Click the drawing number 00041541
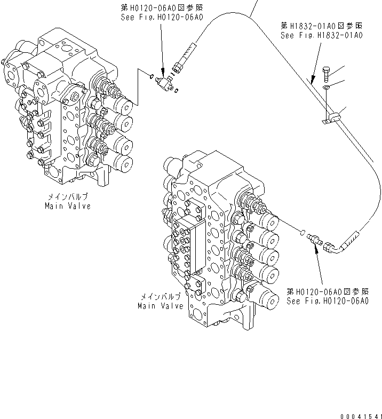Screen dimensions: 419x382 361,416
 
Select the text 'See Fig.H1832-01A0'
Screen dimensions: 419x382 321,36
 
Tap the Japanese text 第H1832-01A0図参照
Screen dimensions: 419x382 321,26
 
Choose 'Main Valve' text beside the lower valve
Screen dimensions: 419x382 160,306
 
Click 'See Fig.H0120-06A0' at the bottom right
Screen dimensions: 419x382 327,301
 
